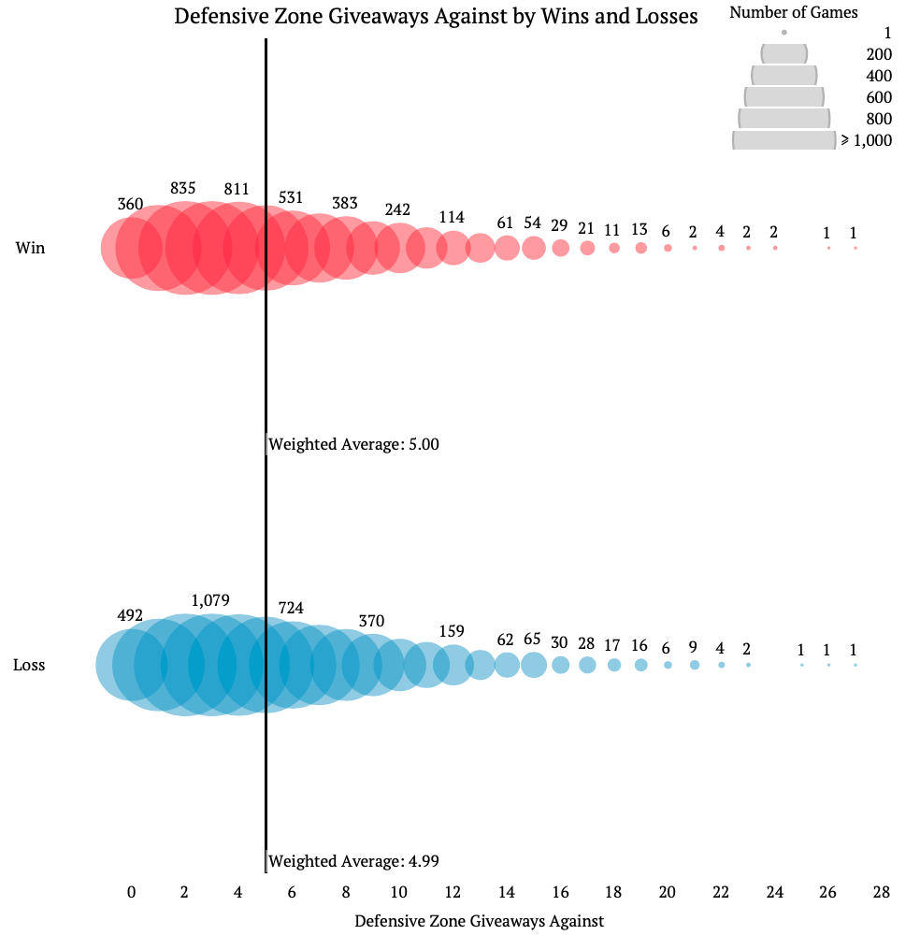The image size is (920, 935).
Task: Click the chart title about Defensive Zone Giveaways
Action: point(436,17)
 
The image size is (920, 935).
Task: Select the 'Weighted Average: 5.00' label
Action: point(353,444)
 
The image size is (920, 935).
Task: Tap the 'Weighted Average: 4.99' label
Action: point(353,861)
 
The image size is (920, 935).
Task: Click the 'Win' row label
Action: point(30,249)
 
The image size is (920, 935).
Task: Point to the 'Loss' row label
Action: point(29,666)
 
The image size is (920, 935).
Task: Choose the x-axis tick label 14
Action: point(507,893)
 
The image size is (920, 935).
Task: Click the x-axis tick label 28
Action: point(881,893)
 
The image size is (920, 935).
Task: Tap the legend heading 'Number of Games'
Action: point(794,12)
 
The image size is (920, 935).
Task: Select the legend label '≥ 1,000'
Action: point(866,140)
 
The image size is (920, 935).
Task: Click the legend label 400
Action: point(879,76)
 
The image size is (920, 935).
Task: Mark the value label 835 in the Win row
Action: point(183,188)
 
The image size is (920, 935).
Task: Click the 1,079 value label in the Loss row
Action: point(210,600)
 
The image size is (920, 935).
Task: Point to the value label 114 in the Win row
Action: point(452,217)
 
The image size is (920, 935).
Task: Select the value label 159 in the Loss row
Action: point(452,630)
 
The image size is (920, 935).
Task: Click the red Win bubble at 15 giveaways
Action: point(534,248)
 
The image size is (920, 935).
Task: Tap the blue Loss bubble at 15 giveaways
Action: point(534,665)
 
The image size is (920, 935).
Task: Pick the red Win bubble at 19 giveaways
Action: point(640,248)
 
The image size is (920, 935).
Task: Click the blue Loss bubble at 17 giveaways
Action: point(587,665)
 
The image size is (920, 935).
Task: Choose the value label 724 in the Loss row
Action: point(291,609)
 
